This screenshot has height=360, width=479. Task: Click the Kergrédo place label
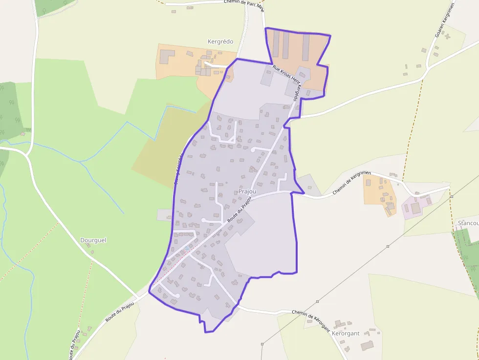[220, 42]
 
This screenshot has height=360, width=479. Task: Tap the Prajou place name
[247, 191]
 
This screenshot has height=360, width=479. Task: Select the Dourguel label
[93, 240]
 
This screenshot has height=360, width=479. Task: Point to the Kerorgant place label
[346, 333]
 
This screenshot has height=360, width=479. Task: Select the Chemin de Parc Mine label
[243, 3]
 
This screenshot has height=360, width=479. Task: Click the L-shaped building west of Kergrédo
[166, 56]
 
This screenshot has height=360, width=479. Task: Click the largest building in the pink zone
[415, 208]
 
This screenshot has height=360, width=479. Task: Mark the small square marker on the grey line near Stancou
[452, 196]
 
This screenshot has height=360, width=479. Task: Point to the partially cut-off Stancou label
[468, 223]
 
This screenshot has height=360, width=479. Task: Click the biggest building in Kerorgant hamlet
[367, 345]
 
